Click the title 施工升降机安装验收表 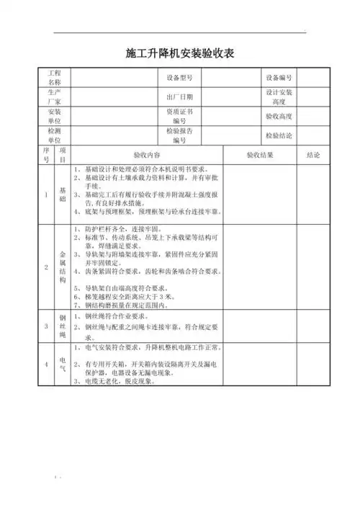180,53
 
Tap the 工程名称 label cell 55,77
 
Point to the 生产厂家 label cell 55,97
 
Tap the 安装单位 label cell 55,116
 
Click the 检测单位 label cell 55,135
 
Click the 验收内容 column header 147,155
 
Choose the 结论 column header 313,155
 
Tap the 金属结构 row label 63,265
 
